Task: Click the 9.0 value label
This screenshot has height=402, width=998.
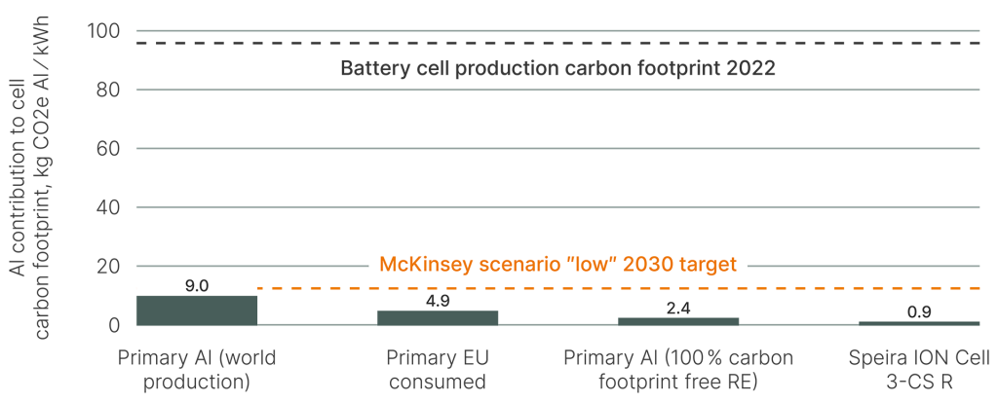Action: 196,285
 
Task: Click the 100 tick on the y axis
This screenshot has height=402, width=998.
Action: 102,31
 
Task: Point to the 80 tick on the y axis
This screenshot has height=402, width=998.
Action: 106,90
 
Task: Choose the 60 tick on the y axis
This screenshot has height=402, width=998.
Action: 106,149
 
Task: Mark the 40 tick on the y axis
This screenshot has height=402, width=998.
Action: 106,207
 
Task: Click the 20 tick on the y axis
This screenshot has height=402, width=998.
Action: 106,267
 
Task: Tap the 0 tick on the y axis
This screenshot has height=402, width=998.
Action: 112,325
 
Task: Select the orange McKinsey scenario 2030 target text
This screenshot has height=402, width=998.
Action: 557,264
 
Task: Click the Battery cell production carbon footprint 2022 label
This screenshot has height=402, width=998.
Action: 557,69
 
